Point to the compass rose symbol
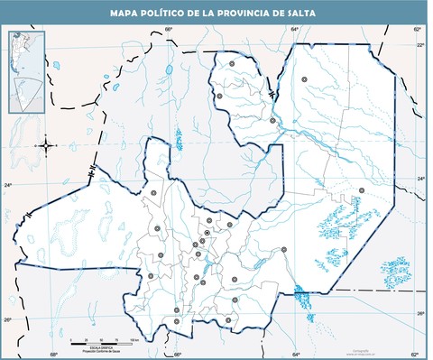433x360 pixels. (46, 144)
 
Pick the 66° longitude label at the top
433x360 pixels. (169, 30)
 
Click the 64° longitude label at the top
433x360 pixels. (294, 30)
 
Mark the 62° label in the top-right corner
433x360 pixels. (417, 30)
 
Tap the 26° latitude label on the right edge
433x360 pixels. (420, 314)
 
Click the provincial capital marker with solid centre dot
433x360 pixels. (207, 234)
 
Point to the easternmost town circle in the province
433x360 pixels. (362, 189)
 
